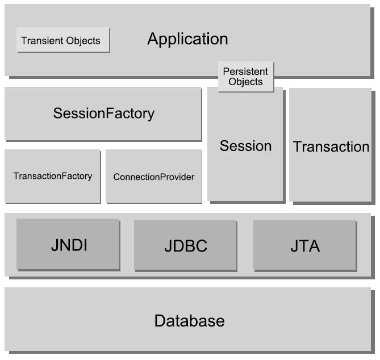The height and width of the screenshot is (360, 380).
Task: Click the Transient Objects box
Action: click(x=63, y=40)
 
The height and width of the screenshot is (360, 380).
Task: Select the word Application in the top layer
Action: click(x=187, y=39)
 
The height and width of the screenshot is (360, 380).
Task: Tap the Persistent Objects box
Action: click(x=246, y=77)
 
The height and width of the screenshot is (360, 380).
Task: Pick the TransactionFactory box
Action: click(x=52, y=176)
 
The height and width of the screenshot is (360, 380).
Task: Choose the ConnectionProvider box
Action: click(x=153, y=177)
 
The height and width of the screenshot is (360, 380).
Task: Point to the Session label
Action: click(x=245, y=146)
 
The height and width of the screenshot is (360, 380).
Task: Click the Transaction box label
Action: click(x=331, y=146)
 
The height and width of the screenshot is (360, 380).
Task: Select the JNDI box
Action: click(x=68, y=245)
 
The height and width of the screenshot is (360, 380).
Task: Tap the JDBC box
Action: click(x=185, y=246)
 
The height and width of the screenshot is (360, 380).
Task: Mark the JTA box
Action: click(x=304, y=246)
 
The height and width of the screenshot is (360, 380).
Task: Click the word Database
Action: click(x=189, y=321)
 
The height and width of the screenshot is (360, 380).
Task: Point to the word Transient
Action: click(x=41, y=41)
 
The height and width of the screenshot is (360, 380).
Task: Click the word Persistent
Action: click(x=245, y=72)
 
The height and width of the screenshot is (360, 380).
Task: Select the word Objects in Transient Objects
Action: click(x=82, y=41)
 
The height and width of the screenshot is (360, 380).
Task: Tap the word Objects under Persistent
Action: click(x=246, y=82)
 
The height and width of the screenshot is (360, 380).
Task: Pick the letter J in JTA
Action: click(x=293, y=246)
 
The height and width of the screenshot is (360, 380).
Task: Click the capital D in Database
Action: click(x=160, y=321)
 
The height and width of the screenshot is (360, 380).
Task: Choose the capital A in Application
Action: click(x=153, y=39)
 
